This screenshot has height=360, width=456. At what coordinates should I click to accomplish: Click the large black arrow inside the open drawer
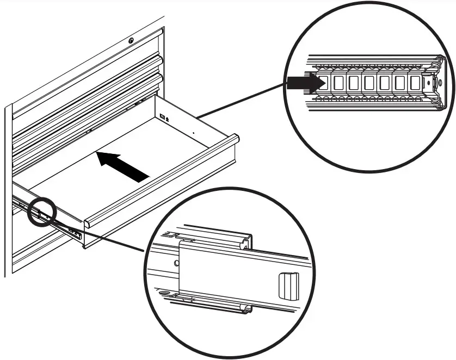(124, 167)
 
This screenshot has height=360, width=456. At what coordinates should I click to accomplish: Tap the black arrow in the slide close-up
(305, 83)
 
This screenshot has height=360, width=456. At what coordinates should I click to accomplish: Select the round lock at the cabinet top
(131, 40)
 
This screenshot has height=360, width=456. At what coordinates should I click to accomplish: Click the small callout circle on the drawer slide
(42, 212)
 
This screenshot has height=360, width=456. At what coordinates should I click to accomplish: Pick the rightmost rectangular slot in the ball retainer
(415, 83)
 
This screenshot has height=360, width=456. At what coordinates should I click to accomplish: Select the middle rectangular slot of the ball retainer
(370, 83)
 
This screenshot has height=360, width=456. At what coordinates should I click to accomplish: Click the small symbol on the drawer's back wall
(164, 116)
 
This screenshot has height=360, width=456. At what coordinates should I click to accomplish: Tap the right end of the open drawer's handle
(235, 139)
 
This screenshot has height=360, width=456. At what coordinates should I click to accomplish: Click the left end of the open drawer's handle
(87, 224)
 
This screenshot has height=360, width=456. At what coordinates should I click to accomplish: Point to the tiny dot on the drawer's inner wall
(194, 132)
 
